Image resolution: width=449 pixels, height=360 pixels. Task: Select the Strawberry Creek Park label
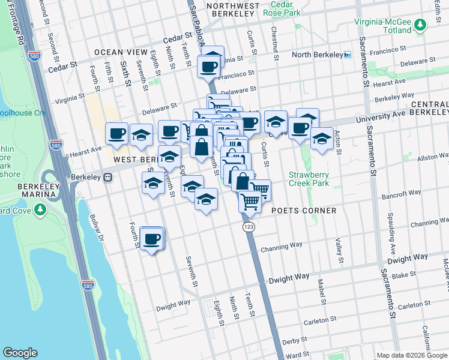coord(309,179)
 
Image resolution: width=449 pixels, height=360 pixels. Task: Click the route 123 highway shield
coord(249,227)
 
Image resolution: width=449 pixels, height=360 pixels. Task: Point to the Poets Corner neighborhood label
coord(303,211)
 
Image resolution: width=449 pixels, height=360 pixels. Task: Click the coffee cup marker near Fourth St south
coord(152,239)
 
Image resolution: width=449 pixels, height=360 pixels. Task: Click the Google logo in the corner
coord(20,353)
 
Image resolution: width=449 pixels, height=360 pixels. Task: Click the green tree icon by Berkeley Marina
coord(40,210)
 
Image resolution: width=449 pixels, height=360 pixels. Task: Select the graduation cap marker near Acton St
coord(322,139)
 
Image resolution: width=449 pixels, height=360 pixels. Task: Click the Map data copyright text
coord(412,355)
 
